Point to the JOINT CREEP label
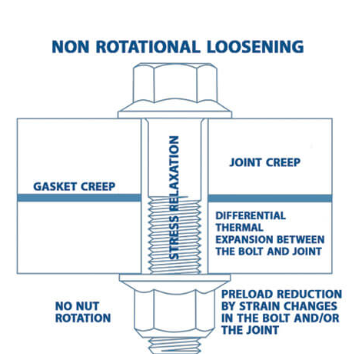click(x=264, y=162)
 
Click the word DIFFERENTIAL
click(x=251, y=215)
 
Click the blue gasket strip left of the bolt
click(x=78, y=198)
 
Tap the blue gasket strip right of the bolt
click(x=270, y=198)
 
